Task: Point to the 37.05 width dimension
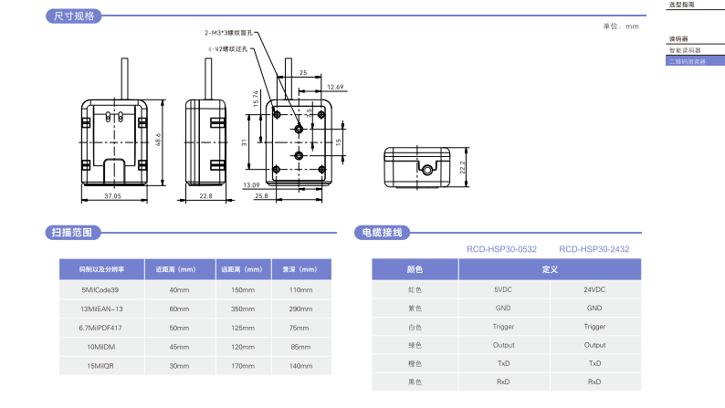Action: click(112, 195)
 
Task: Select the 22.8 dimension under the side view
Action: click(205, 195)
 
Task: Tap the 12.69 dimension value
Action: click(334, 87)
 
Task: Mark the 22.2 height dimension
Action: click(463, 168)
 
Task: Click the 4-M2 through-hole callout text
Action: click(227, 48)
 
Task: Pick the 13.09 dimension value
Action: click(251, 185)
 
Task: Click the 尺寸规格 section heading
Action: click(74, 16)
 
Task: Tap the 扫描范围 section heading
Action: click(74, 233)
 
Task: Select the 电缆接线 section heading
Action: click(382, 233)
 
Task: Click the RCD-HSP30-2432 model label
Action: click(594, 248)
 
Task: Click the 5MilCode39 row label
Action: click(101, 289)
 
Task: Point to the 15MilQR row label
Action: click(101, 366)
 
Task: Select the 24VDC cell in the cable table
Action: click(594, 289)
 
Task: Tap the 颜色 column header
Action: click(415, 269)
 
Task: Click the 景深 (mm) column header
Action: click(300, 269)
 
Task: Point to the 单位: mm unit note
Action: click(621, 26)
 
